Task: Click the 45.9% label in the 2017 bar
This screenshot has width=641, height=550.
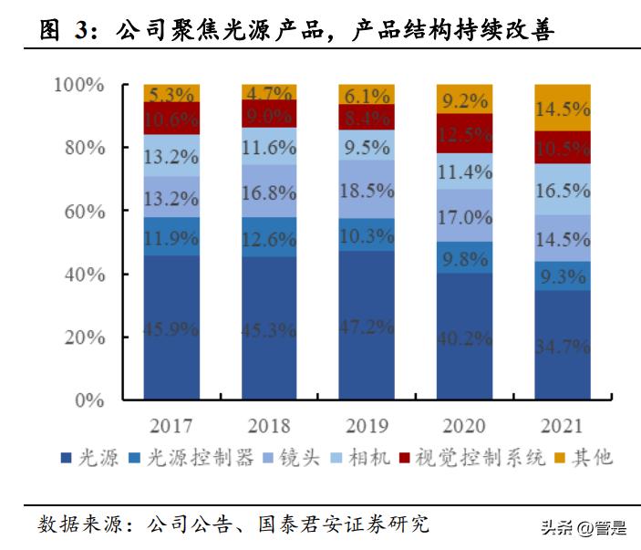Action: pyautogui.click(x=171, y=327)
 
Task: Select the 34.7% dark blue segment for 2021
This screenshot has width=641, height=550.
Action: pyautogui.click(x=563, y=346)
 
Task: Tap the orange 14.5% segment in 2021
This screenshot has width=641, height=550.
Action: pyautogui.click(x=563, y=108)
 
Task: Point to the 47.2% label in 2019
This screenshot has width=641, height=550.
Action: pyautogui.click(x=367, y=326)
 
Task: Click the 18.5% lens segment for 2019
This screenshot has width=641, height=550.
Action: pyautogui.click(x=367, y=190)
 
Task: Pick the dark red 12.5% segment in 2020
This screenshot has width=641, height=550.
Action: pyautogui.click(x=465, y=133)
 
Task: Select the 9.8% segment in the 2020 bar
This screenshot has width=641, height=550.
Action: pyautogui.click(x=465, y=257)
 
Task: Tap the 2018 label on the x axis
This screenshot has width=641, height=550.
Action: pyautogui.click(x=269, y=426)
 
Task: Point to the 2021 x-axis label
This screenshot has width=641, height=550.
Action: pyautogui.click(x=563, y=426)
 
